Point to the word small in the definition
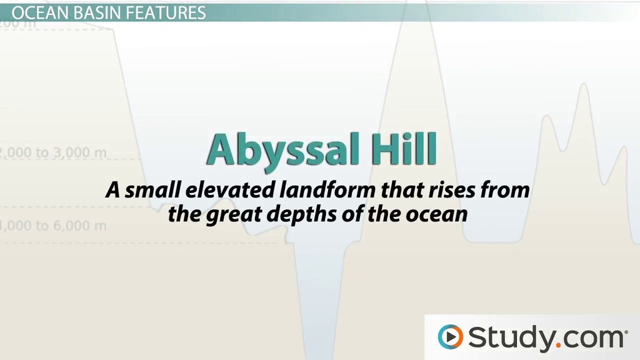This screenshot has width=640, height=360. coord(150,189)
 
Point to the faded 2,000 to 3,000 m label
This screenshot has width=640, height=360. coord(53,152)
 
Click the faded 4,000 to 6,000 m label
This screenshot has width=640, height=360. coord(53,225)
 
